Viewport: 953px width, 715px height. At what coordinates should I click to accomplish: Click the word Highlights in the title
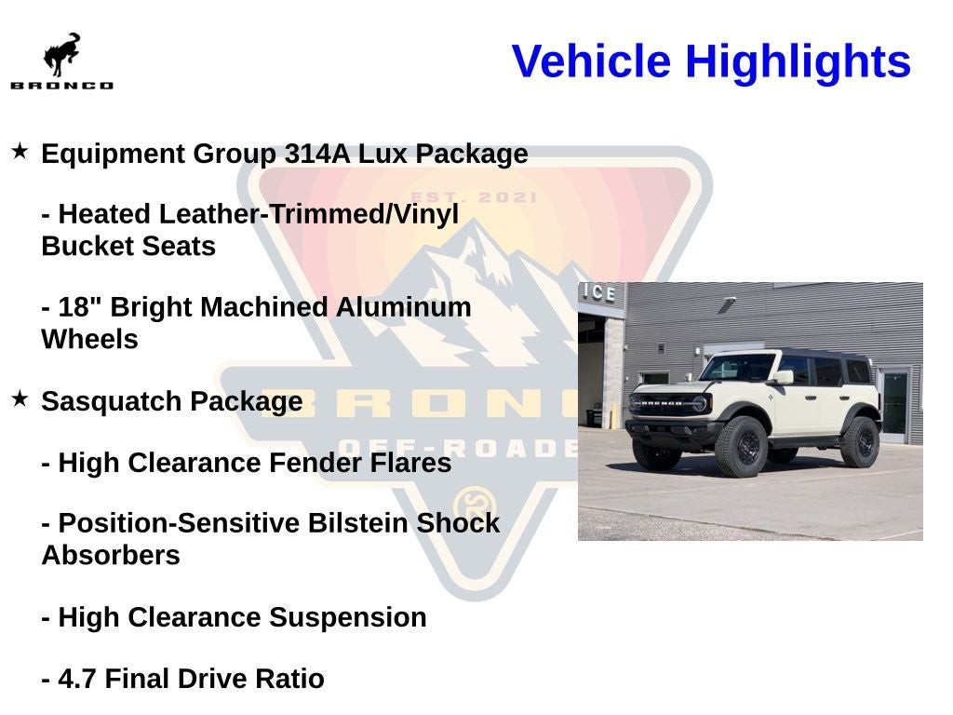click(798, 61)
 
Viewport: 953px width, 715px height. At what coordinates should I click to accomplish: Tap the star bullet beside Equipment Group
click(20, 151)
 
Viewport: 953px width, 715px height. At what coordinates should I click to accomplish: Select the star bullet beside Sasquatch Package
click(20, 398)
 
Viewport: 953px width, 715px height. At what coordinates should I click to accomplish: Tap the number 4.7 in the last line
click(77, 679)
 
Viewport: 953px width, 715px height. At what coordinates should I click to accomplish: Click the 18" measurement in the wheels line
click(77, 307)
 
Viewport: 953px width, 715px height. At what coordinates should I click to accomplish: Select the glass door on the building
click(895, 402)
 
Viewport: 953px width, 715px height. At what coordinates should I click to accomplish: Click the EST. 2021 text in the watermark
click(474, 197)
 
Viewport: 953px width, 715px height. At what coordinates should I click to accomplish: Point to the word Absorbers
click(110, 556)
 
